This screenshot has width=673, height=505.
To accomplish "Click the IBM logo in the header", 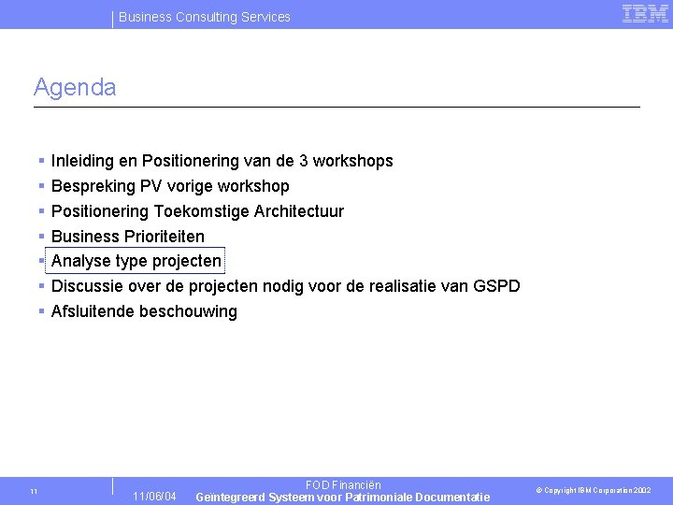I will [645, 13].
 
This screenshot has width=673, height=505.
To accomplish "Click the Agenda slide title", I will [75, 88].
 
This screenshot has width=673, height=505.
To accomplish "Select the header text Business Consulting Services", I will [205, 17].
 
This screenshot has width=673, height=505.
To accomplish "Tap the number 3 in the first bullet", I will [303, 161].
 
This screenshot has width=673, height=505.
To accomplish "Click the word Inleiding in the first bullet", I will [82, 161].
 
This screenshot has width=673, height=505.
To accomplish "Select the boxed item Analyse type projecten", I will [136, 261].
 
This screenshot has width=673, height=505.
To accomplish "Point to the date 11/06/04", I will [154, 496].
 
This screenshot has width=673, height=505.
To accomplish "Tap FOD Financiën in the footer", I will [343, 485].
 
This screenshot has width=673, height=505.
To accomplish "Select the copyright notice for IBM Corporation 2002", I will [593, 490].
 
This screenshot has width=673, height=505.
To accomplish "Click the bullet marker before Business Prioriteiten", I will [42, 237].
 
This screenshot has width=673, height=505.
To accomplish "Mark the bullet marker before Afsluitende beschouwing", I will [42, 311].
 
